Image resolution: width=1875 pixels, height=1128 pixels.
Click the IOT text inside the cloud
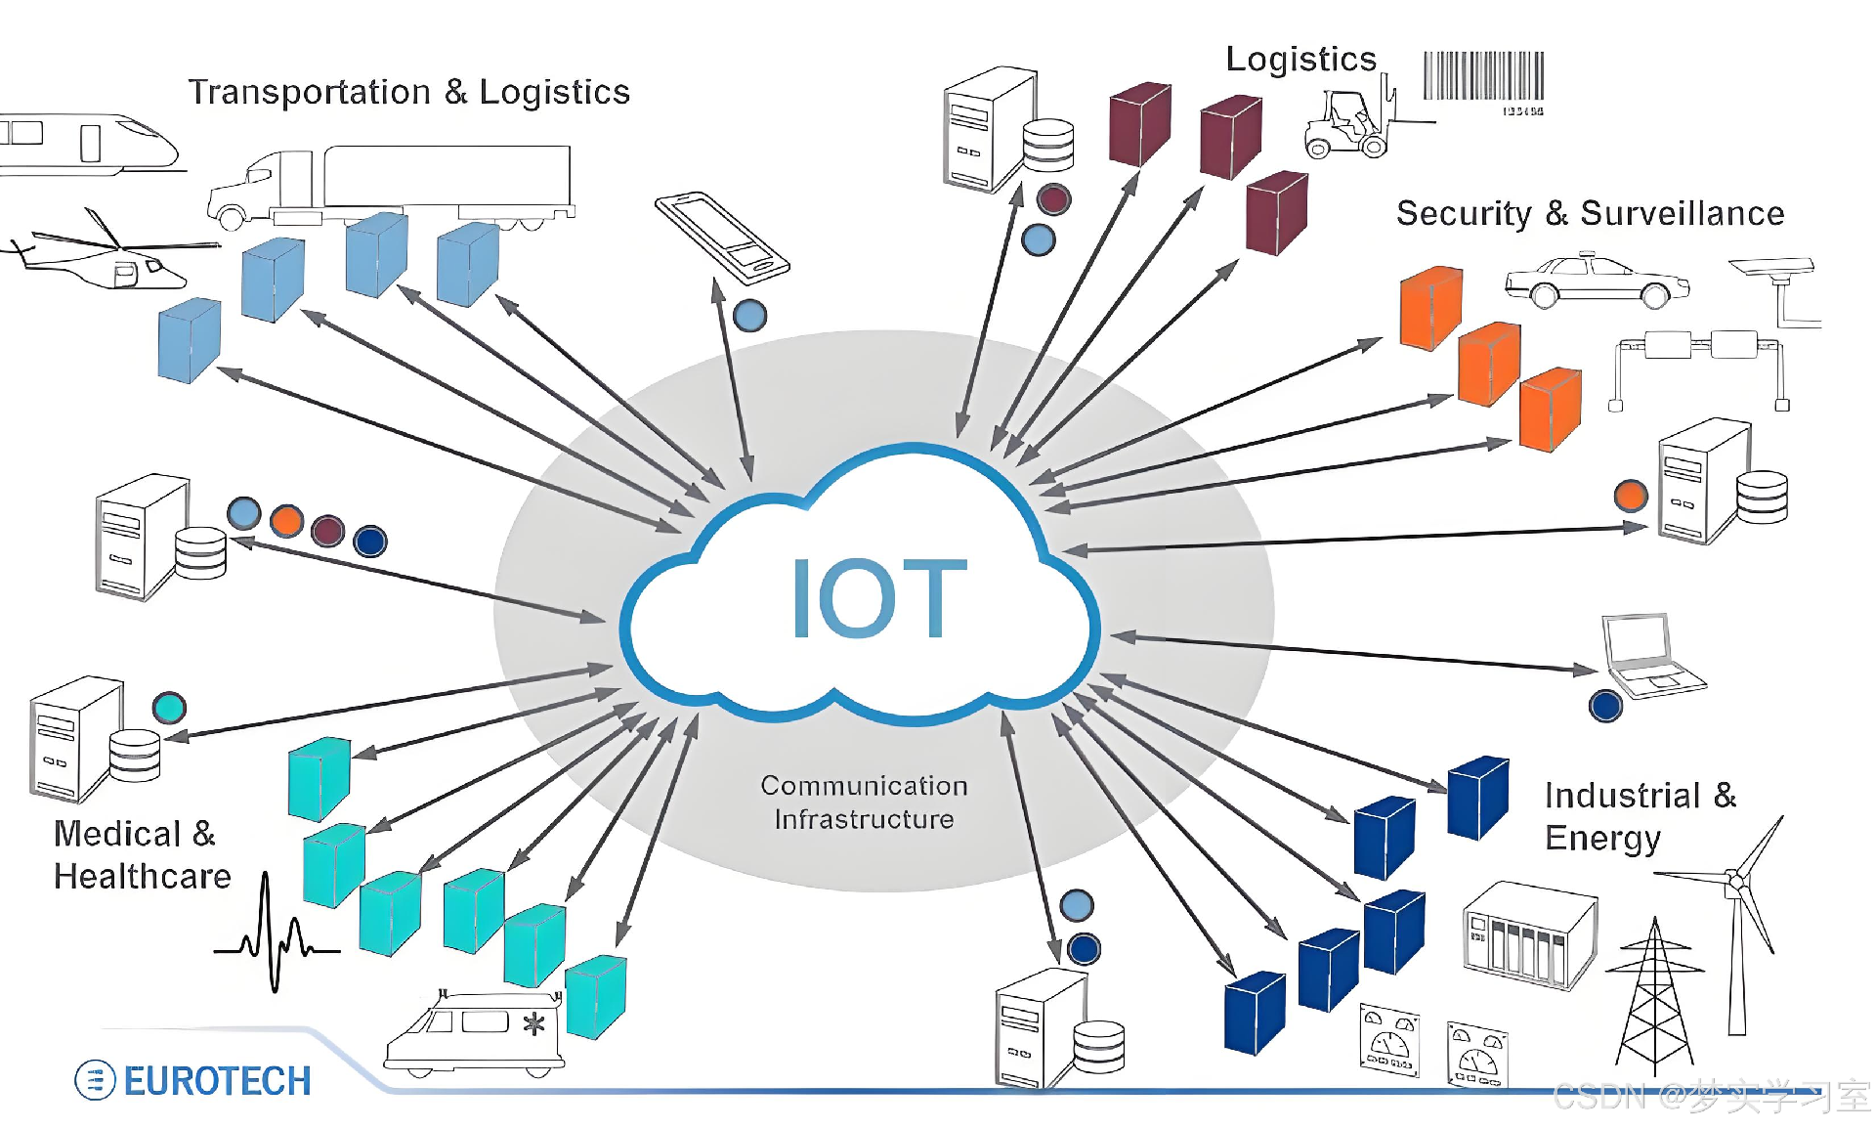point(878,598)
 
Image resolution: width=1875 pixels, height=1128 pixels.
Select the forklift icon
point(1353,125)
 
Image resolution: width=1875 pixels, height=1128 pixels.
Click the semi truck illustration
point(391,186)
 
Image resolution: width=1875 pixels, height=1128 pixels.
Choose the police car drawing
point(1597,281)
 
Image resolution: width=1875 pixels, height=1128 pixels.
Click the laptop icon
point(1650,655)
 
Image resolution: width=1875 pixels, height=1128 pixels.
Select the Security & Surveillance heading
point(1590,213)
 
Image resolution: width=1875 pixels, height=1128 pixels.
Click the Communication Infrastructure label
point(865,803)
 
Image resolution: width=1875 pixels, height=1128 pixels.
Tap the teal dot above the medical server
point(169,707)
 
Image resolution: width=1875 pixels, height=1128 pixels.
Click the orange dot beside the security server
point(1631,496)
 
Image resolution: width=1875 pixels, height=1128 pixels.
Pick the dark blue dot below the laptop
point(1605,706)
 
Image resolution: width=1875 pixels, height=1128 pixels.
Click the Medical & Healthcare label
point(142,855)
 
